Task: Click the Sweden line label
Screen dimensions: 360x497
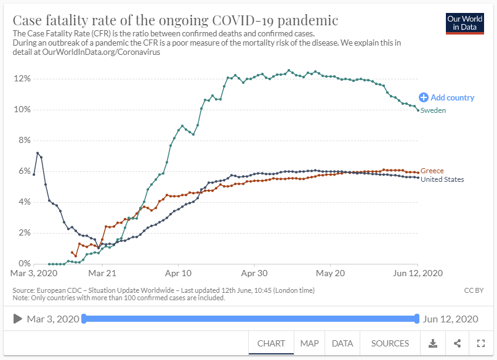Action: click(x=433, y=110)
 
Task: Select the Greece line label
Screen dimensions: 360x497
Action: click(x=432, y=171)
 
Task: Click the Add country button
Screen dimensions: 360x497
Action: click(x=447, y=97)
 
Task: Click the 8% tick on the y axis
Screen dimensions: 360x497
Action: click(x=24, y=141)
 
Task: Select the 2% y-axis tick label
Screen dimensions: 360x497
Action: click(x=24, y=233)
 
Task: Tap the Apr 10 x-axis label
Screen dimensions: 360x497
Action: click(x=179, y=272)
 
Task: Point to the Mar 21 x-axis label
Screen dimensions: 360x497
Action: click(x=102, y=272)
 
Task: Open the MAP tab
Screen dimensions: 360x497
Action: click(x=310, y=343)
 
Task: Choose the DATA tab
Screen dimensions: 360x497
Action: click(x=342, y=343)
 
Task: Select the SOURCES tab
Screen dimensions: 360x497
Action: click(x=390, y=343)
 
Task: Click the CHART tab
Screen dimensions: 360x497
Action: click(x=271, y=343)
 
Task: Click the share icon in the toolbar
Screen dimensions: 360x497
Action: click(x=458, y=343)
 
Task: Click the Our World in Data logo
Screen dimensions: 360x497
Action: click(x=466, y=23)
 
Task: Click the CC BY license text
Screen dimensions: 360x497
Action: click(x=472, y=290)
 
